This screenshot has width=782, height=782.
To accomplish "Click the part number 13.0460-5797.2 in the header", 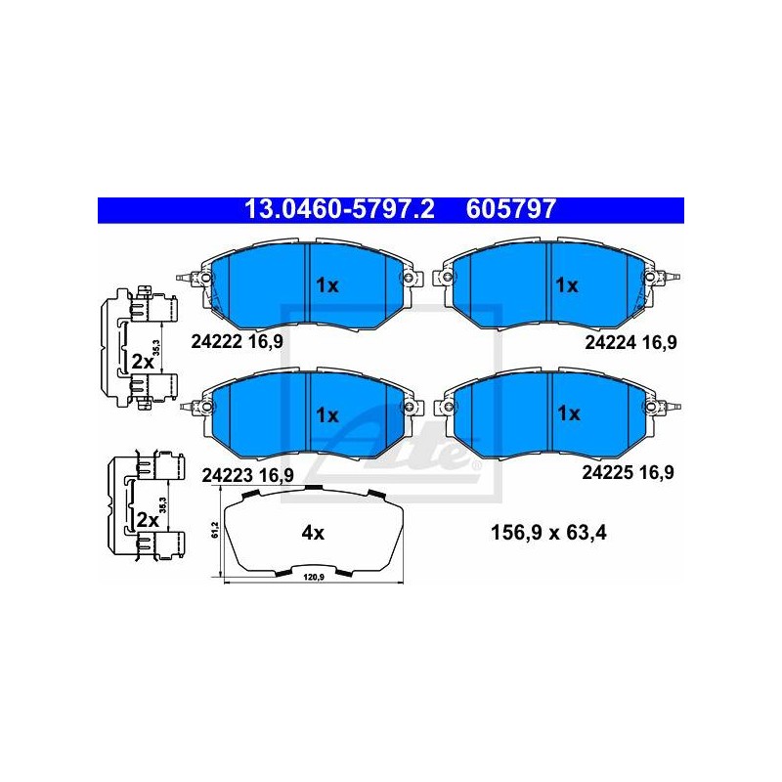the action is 339,209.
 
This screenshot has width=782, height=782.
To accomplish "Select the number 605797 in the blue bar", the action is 510,209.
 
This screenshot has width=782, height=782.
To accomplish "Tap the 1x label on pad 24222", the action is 327,285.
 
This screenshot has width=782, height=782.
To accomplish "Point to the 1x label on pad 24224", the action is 567,285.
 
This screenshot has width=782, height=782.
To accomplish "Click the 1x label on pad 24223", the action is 327,414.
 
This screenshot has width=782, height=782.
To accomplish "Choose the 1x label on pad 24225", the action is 569,413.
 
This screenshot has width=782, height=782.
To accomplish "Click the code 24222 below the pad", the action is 217,341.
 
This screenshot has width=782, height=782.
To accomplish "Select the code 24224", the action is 610,343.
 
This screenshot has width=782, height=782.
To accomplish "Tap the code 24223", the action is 227,476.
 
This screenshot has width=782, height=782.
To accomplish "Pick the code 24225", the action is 607,472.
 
